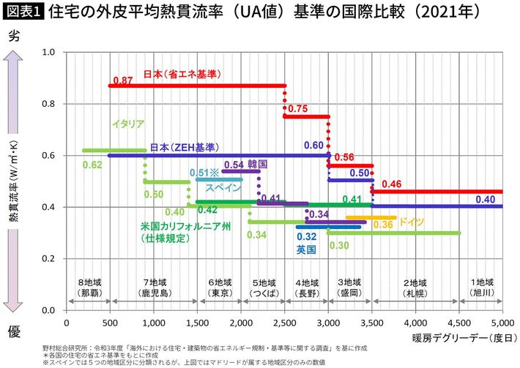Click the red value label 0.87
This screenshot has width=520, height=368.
122,79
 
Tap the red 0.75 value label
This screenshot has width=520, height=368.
298,108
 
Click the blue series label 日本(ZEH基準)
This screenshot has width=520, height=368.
184,147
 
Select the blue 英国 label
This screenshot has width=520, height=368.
306,250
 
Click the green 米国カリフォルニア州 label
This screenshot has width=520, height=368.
186,227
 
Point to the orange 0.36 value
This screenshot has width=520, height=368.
383,225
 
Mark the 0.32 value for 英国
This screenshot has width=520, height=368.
306,237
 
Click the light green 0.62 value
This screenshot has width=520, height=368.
92,165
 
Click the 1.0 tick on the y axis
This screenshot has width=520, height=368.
49,53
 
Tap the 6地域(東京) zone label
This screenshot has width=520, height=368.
220,288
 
